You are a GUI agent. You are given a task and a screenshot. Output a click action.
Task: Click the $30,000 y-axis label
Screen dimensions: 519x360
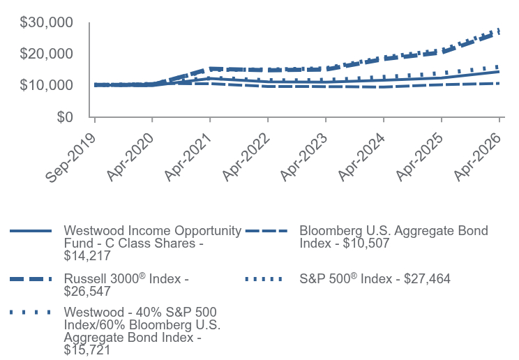46,22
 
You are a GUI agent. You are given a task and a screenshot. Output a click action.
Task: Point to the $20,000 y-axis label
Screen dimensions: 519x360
46,54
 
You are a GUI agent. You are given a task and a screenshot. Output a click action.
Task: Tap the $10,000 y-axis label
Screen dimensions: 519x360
46,85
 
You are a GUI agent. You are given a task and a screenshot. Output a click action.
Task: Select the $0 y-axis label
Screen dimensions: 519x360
65,117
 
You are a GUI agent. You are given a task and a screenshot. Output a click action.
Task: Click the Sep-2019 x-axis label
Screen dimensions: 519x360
71,158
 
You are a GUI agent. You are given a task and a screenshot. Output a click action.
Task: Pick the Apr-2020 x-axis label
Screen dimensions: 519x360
130,157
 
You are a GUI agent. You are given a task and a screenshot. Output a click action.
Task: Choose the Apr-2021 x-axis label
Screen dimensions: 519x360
188,157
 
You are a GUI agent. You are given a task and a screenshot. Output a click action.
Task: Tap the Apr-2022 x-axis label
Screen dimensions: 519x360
246,157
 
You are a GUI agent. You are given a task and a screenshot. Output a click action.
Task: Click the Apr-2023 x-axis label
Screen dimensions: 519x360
304,157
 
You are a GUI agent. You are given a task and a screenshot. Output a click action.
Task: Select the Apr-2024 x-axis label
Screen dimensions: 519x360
362,157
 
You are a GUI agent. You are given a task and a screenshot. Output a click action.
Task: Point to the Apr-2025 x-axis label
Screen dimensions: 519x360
420,157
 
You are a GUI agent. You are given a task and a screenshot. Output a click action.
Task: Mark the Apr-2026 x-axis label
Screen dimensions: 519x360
478,157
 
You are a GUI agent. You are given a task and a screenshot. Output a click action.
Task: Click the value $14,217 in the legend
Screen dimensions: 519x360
87,255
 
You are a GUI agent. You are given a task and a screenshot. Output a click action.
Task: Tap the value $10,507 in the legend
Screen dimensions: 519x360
366,243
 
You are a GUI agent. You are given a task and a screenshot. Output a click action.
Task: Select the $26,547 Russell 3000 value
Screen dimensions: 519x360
87,292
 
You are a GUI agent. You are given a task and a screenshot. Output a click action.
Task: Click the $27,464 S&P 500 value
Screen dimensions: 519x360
427,279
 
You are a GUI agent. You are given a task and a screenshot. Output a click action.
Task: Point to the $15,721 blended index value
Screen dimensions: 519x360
87,350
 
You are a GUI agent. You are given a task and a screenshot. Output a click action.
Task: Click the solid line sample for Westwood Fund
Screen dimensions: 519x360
31,231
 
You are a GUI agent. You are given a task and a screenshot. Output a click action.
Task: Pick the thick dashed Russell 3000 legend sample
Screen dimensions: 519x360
31,279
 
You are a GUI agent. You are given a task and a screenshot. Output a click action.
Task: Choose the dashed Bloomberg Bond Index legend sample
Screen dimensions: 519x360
266,231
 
